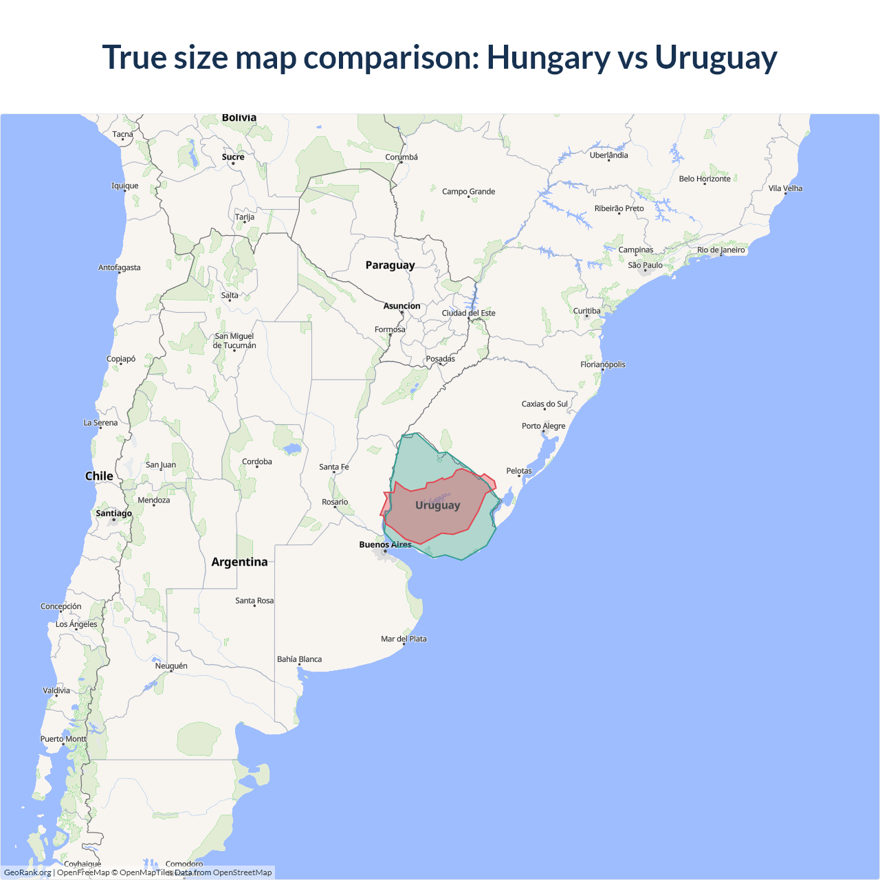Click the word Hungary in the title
pyautogui.click(x=548, y=58)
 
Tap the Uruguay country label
pyautogui.click(x=437, y=505)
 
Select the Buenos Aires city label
pyautogui.click(x=385, y=544)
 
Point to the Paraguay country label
pyautogui.click(x=390, y=265)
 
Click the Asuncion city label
pyautogui.click(x=401, y=306)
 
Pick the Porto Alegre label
pyautogui.click(x=543, y=426)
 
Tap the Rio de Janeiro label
pyautogui.click(x=720, y=250)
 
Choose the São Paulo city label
pyautogui.click(x=645, y=265)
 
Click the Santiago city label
pyautogui.click(x=113, y=513)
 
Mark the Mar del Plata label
pyautogui.click(x=404, y=639)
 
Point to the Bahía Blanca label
pyautogui.click(x=299, y=659)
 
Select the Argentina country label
pyautogui.click(x=239, y=562)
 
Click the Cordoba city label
pyautogui.click(x=256, y=461)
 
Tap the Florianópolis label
pyautogui.click(x=602, y=364)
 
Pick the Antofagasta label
pyautogui.click(x=119, y=267)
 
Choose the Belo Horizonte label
pyautogui.click(x=705, y=179)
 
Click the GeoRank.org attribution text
pyautogui.click(x=27, y=872)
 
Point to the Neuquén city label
pyautogui.click(x=171, y=665)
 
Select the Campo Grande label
pyautogui.click(x=468, y=192)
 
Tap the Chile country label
pyautogui.click(x=99, y=476)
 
